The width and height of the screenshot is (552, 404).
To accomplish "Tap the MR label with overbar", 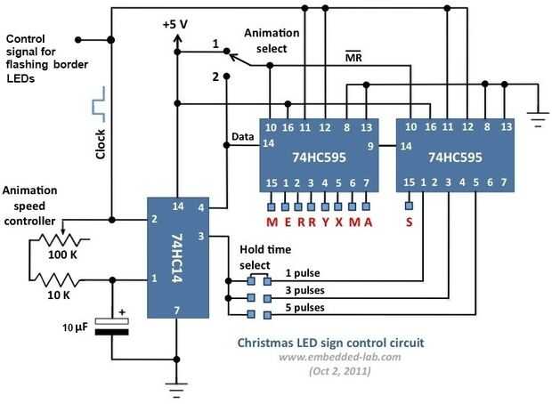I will tap(353, 59).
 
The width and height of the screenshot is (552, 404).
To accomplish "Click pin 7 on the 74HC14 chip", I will tap(177, 310).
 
